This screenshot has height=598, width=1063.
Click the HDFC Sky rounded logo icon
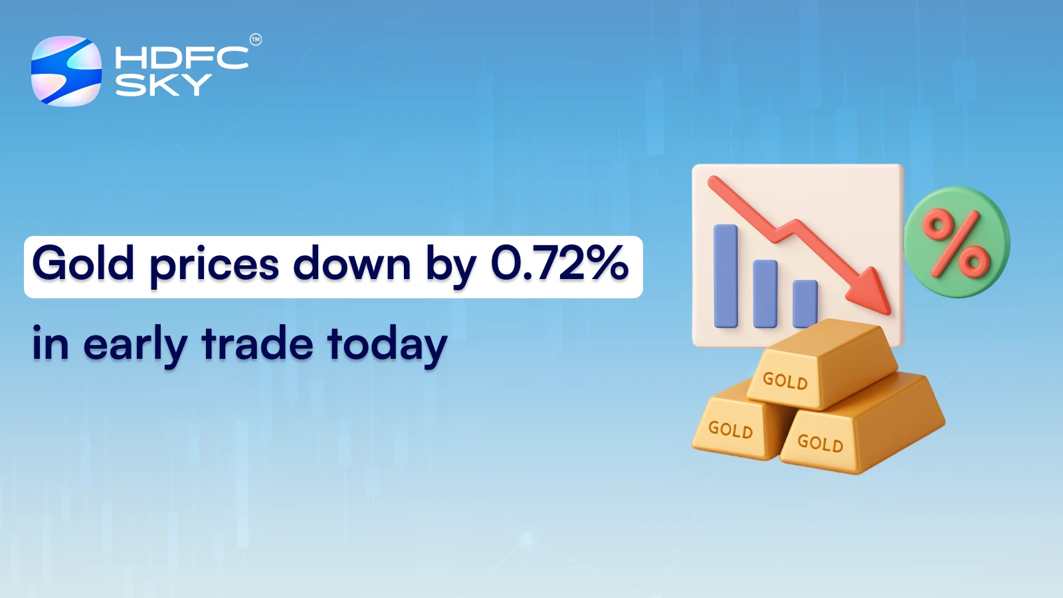66,71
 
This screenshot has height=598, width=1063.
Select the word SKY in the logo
163,85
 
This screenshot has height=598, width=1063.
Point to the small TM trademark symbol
255,40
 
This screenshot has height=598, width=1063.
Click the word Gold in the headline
83,264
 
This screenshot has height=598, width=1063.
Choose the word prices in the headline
214,266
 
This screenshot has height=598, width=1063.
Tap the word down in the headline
352,264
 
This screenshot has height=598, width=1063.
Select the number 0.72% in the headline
559,263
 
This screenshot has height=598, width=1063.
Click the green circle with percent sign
957,243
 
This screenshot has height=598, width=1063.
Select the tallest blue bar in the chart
725,276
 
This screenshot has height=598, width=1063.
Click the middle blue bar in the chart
765,294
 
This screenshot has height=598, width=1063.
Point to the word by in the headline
450,265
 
